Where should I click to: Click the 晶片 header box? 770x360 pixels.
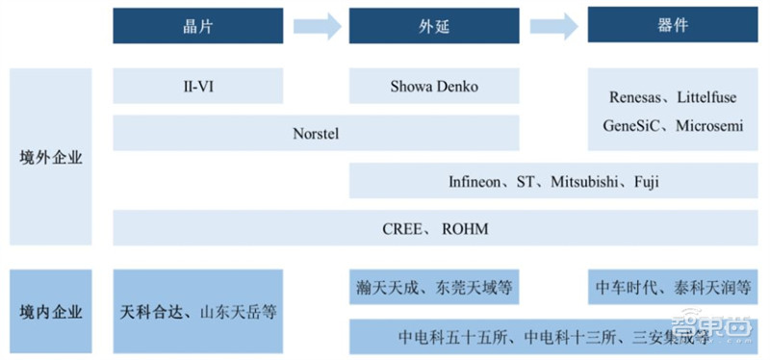tap(197, 25)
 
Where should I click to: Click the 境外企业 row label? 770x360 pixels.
tap(51, 158)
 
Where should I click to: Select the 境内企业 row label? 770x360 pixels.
tap(51, 312)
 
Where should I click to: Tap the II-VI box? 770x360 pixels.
tap(197, 87)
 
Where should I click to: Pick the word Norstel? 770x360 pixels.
tap(316, 134)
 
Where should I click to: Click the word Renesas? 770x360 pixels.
tap(636, 97)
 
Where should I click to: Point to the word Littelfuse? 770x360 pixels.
tap(708, 97)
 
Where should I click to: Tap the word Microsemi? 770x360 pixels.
tap(708, 126)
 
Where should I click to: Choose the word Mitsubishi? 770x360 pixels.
tap(588, 181)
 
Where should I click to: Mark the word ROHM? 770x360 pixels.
tap(465, 228)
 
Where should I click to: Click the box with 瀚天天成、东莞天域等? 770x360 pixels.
tap(434, 286)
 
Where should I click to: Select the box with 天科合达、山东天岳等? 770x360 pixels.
tap(198, 312)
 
